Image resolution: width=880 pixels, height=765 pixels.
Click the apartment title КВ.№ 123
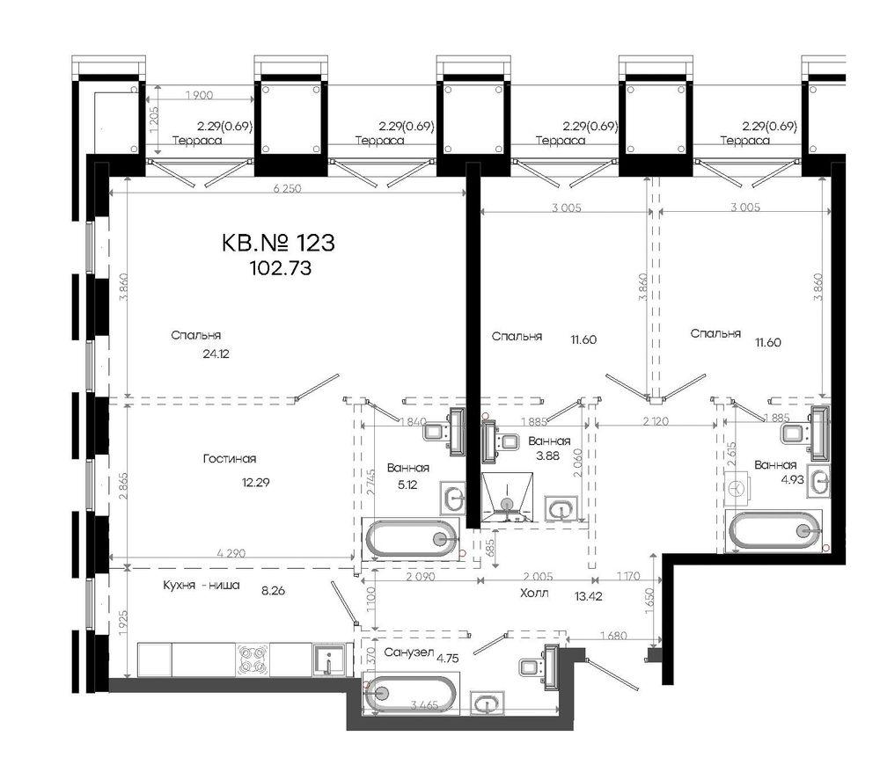(280, 242)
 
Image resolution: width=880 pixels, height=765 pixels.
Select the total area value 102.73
(280, 267)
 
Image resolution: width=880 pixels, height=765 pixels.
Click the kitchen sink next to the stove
(328, 659)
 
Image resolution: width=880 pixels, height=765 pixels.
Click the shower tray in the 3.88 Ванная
(507, 498)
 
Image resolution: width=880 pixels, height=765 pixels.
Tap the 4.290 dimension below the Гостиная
(231, 554)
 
